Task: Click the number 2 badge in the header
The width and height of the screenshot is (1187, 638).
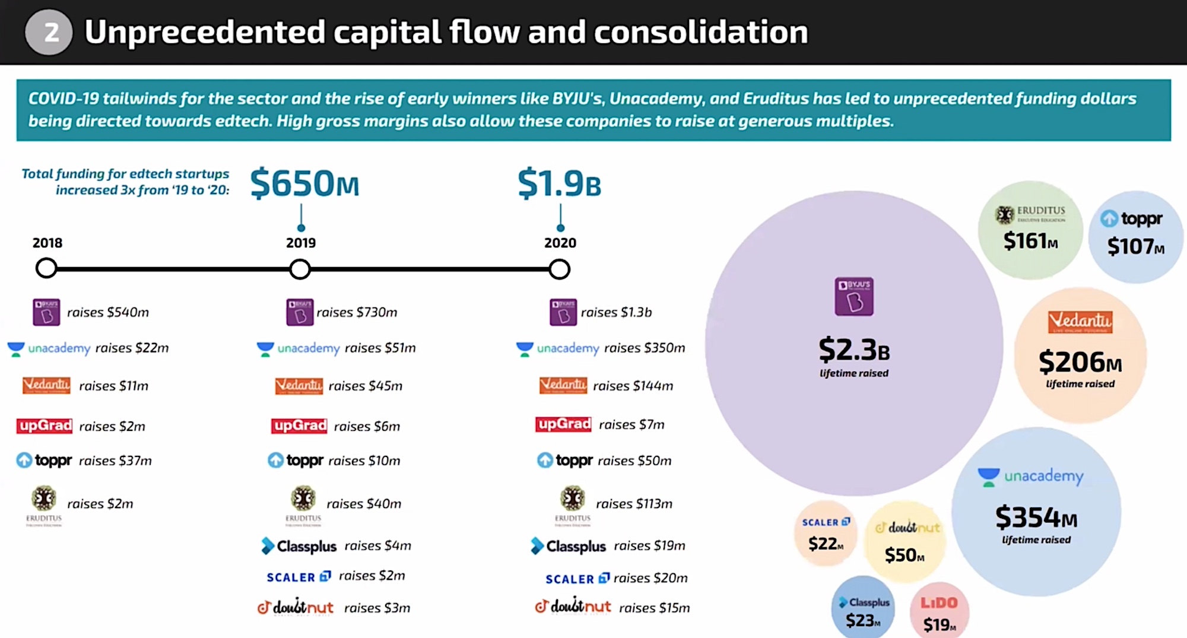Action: (49, 32)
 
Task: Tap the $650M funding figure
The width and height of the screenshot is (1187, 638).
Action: (304, 183)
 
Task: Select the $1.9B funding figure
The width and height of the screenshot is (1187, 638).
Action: (559, 183)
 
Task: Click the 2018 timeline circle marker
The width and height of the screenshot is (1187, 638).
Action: (46, 268)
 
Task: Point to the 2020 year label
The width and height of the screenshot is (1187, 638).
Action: (560, 243)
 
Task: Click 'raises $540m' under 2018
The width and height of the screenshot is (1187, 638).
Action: (107, 312)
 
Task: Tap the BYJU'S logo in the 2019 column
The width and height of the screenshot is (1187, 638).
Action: (300, 312)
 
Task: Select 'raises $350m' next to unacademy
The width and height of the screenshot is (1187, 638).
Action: (644, 348)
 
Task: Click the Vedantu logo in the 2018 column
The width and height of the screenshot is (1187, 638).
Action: (46, 386)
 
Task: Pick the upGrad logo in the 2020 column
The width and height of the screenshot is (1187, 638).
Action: (563, 424)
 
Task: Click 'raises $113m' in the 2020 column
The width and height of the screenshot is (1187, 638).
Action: (634, 504)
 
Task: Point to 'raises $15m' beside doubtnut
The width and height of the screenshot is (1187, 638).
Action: (654, 608)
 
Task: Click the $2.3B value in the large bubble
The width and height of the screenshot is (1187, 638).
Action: (854, 350)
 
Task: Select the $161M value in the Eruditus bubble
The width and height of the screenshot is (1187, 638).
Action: (1030, 241)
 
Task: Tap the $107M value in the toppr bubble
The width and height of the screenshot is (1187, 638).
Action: (1135, 246)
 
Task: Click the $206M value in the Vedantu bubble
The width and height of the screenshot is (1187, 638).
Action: (1080, 362)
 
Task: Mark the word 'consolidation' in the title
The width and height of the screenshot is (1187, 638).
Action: (701, 32)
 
